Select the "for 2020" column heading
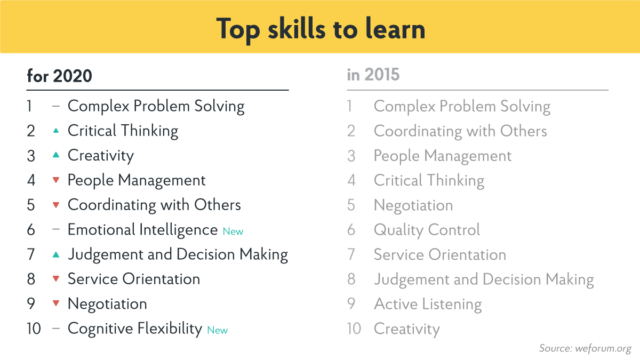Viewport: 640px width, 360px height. point(59,76)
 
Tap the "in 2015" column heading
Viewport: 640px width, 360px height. point(373,75)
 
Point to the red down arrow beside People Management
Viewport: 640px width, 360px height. point(55,181)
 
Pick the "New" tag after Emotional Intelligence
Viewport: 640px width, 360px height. point(233,231)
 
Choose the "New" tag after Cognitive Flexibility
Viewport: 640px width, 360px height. point(217,330)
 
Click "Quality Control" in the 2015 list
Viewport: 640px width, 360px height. point(427,230)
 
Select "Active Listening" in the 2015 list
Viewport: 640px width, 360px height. point(428,304)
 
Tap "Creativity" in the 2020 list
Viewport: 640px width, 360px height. point(101,156)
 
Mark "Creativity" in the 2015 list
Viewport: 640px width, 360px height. point(407,329)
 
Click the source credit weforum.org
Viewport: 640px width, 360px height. point(585,348)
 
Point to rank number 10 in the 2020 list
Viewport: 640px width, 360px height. point(34,329)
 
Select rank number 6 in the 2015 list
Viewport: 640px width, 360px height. point(351,230)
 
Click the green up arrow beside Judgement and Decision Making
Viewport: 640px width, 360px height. point(55,255)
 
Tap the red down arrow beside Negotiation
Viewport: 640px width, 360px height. point(55,304)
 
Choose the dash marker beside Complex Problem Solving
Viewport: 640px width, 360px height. point(55,106)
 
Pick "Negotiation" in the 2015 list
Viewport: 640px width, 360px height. point(413,205)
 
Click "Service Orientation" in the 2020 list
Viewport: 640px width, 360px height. point(134,279)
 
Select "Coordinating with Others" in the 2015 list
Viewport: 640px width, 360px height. point(460,131)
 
